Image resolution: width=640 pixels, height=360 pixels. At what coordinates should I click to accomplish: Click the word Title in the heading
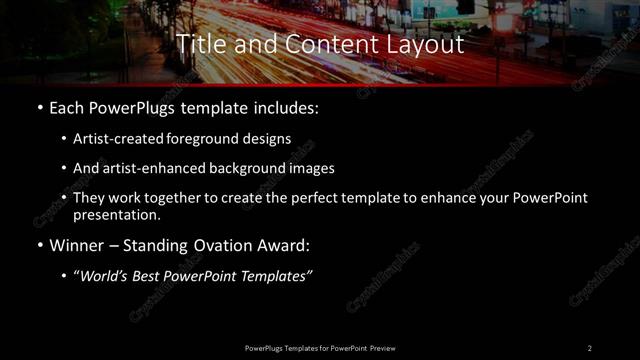click(198, 45)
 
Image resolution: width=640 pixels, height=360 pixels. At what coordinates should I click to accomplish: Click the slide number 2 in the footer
click(590, 347)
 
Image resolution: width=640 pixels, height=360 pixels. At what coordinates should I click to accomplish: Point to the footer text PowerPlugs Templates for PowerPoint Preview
click(320, 347)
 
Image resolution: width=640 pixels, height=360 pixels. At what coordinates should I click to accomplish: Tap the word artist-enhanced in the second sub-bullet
click(151, 169)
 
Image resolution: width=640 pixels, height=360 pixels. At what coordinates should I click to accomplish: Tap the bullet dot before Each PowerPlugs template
click(39, 106)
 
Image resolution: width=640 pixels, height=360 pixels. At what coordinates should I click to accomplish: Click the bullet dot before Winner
click(39, 244)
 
